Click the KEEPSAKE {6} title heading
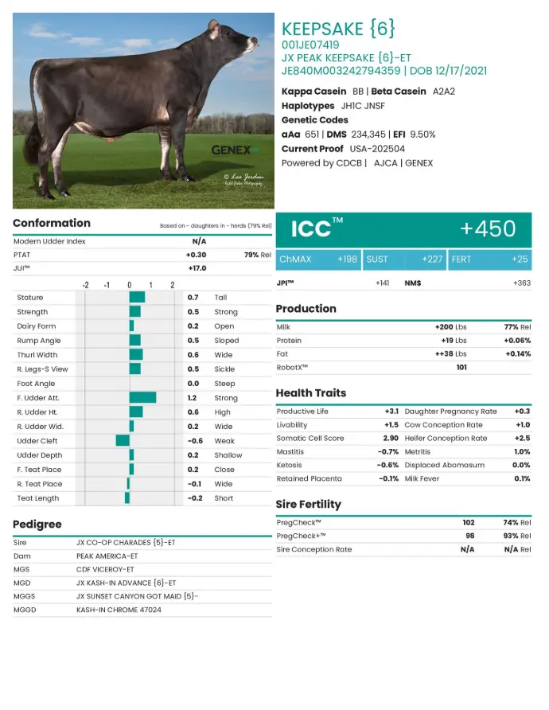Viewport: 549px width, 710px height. (338, 29)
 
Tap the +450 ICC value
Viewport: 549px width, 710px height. (488, 229)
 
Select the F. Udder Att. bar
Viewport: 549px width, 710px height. (142, 397)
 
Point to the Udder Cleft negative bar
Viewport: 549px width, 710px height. (123, 440)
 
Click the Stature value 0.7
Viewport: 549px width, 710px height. (193, 297)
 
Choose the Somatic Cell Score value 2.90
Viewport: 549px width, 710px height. (390, 439)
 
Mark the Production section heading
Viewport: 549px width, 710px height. (306, 309)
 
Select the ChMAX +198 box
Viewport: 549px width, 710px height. (318, 259)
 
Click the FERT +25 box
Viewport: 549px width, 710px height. (489, 259)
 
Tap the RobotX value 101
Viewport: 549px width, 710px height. (461, 368)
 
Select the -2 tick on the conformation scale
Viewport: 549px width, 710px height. (85, 285)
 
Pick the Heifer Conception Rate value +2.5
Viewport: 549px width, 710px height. (522, 439)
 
